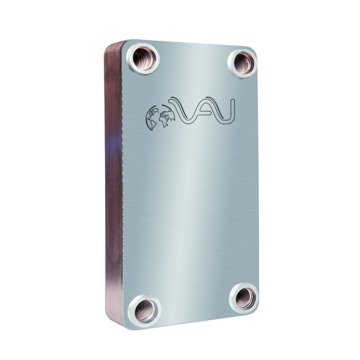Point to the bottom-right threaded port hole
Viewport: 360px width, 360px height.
[244, 296]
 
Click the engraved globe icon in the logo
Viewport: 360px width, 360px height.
[160, 117]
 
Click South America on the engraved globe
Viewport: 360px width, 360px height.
[153, 124]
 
